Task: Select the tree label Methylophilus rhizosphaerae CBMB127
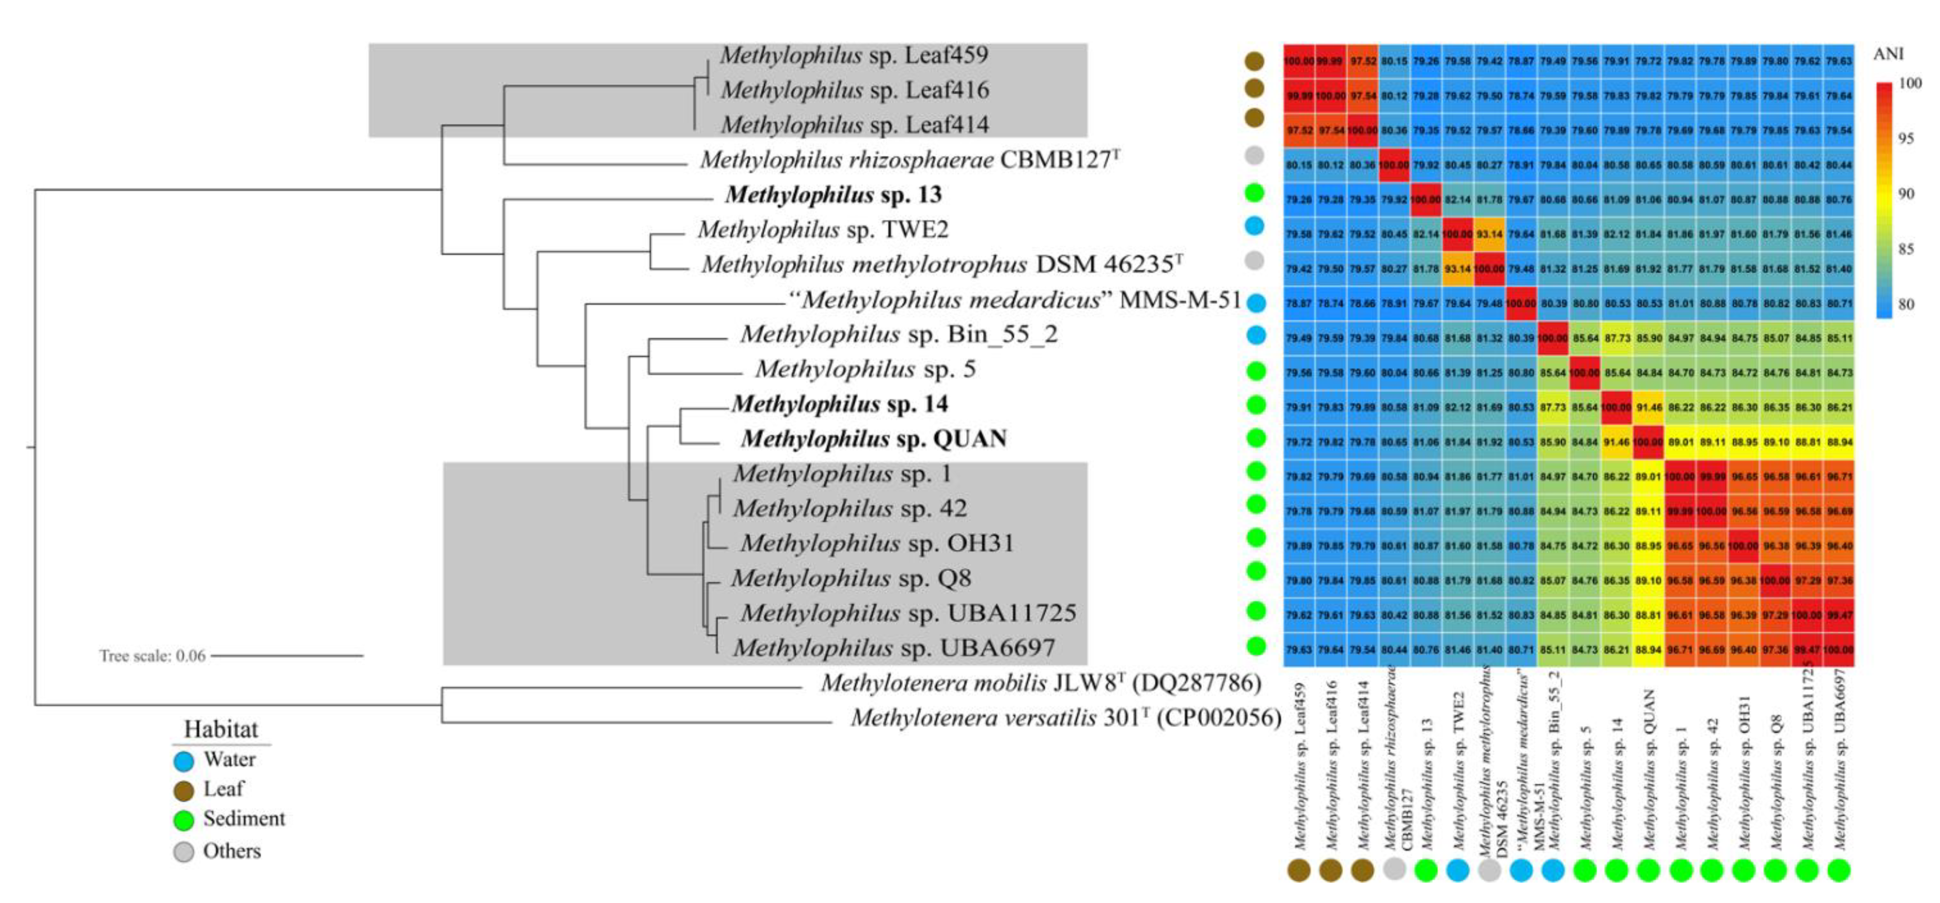point(909,160)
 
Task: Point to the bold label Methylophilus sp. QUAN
point(874,439)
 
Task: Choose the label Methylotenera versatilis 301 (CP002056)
point(1065,718)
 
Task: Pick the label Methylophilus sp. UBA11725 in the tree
point(908,613)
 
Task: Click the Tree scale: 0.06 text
point(152,656)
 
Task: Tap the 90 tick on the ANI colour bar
point(1906,194)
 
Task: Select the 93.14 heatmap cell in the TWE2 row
point(1489,234)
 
